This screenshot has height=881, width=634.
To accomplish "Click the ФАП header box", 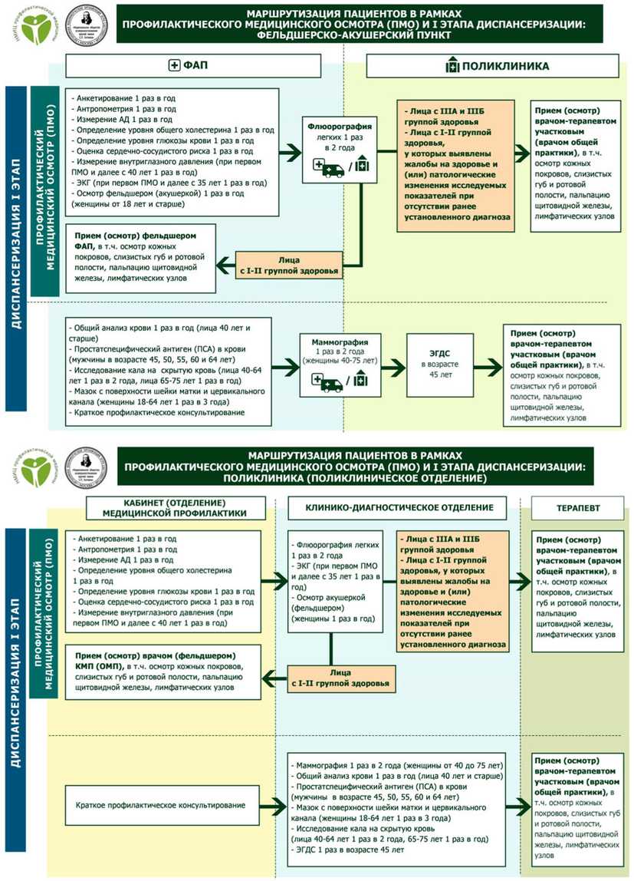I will point(186,66).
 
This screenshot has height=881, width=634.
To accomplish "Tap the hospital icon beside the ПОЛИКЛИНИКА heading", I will point(452,66).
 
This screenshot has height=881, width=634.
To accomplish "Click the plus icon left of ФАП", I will point(172,66).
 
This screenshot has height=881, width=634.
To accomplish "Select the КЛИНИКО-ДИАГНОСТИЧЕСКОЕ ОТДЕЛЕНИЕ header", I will point(396,507).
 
